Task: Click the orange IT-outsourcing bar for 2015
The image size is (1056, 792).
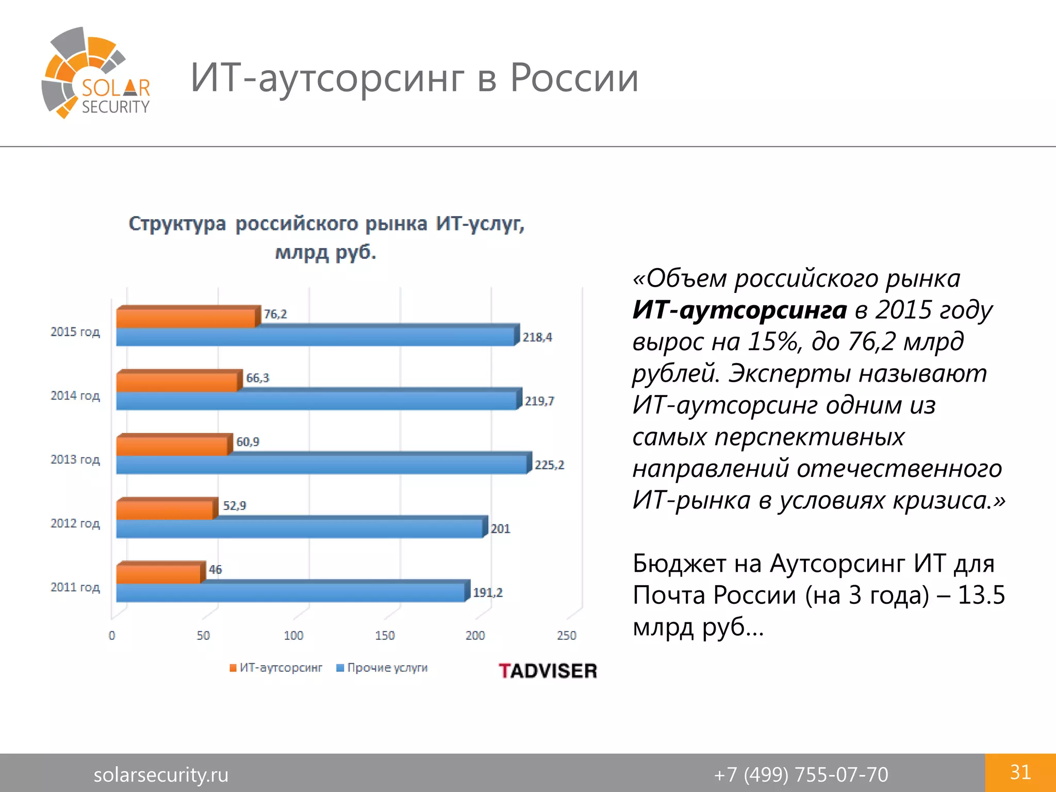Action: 186,318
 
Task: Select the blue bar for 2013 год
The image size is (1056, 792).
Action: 321,465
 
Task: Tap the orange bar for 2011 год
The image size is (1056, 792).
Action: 158,573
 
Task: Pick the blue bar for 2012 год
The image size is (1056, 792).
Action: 299,529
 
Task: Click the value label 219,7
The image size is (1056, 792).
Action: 539,401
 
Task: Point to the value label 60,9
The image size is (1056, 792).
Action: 247,442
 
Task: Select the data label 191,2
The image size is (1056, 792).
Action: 488,593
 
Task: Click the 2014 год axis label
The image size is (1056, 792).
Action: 75,395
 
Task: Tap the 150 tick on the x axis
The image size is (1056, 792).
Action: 385,635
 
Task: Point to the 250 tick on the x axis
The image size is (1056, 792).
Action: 566,635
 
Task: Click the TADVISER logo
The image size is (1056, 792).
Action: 548,671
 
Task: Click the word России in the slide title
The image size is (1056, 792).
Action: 574,78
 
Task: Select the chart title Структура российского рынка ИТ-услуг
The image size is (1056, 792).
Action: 326,224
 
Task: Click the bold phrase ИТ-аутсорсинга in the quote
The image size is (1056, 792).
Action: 739,310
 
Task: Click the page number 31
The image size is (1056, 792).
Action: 1020,772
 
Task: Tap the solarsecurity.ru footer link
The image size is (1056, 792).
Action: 161,774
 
